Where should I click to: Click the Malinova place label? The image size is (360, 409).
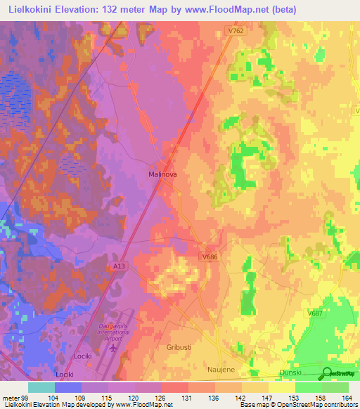[161, 174]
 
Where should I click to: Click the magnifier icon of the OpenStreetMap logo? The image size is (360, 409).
[328, 373]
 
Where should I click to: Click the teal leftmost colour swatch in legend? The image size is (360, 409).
[41, 387]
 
